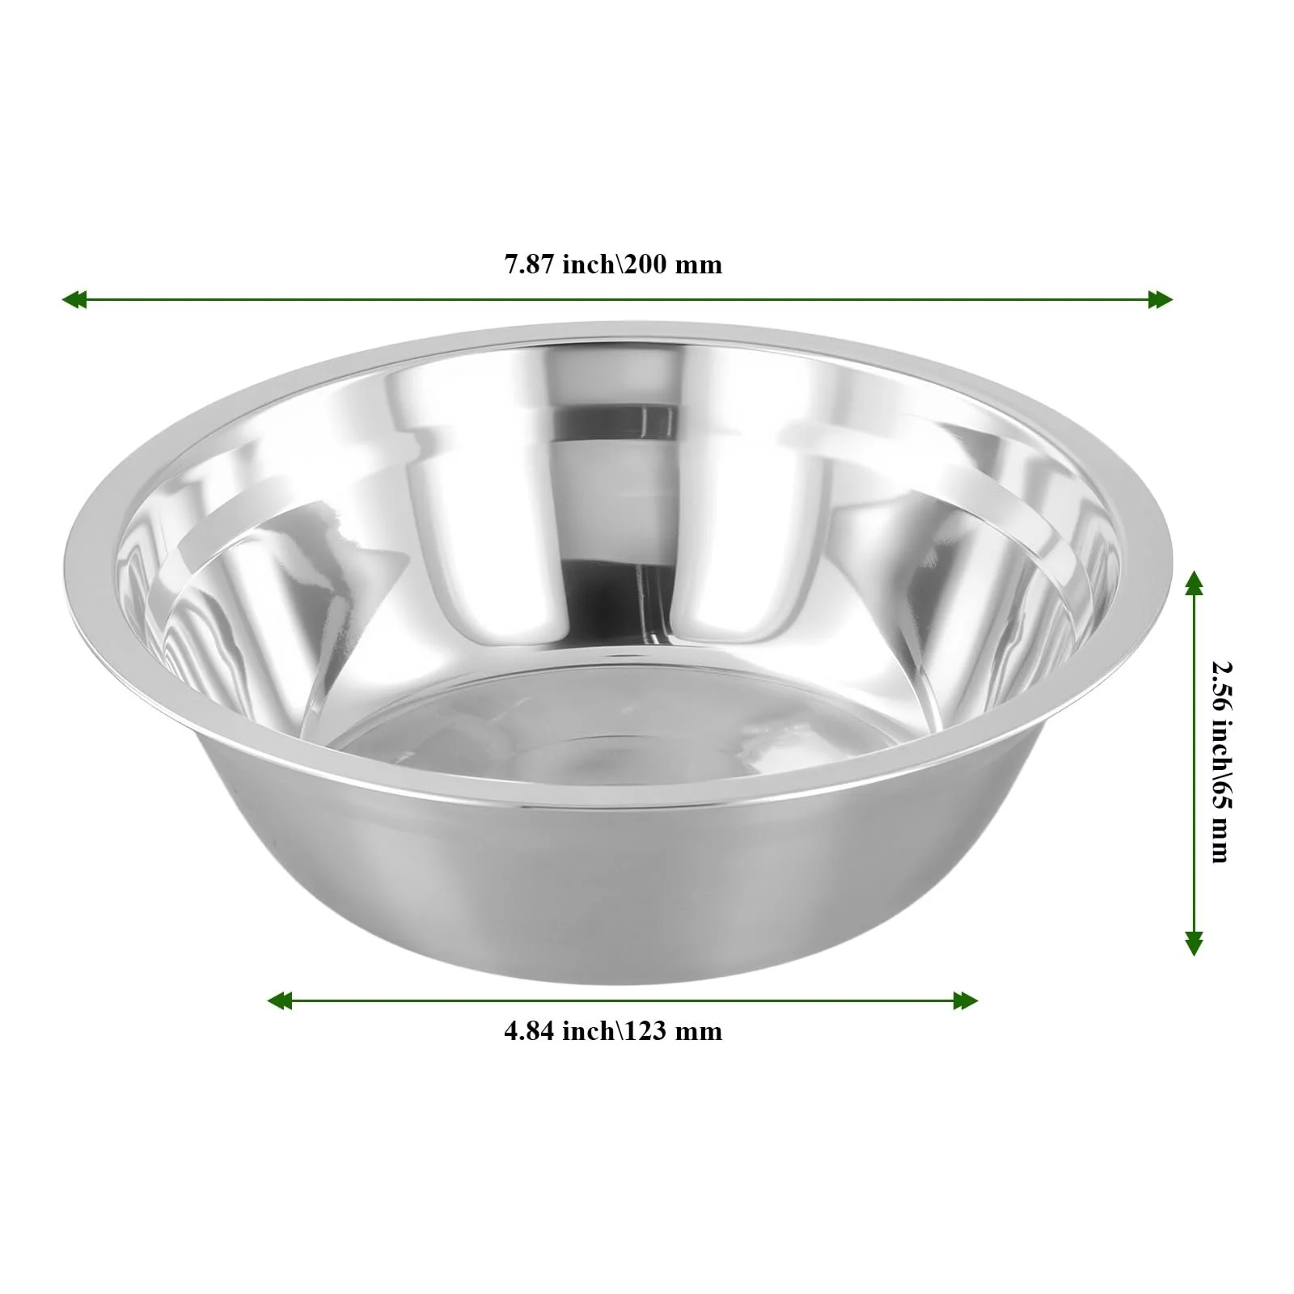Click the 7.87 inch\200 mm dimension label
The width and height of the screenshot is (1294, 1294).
tap(613, 264)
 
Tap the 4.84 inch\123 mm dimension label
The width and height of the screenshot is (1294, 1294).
tap(613, 1031)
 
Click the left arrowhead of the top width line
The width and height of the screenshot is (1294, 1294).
tap(74, 299)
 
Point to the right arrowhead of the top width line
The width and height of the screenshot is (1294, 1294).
tap(1161, 299)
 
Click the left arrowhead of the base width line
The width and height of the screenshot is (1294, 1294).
tap(280, 1001)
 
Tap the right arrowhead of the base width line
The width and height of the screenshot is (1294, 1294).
tap(966, 1001)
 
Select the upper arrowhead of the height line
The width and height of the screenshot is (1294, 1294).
tap(1194, 582)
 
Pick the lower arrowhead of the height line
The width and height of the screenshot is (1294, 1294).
tap(1194, 943)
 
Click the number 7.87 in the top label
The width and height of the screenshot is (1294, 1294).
tap(530, 264)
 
